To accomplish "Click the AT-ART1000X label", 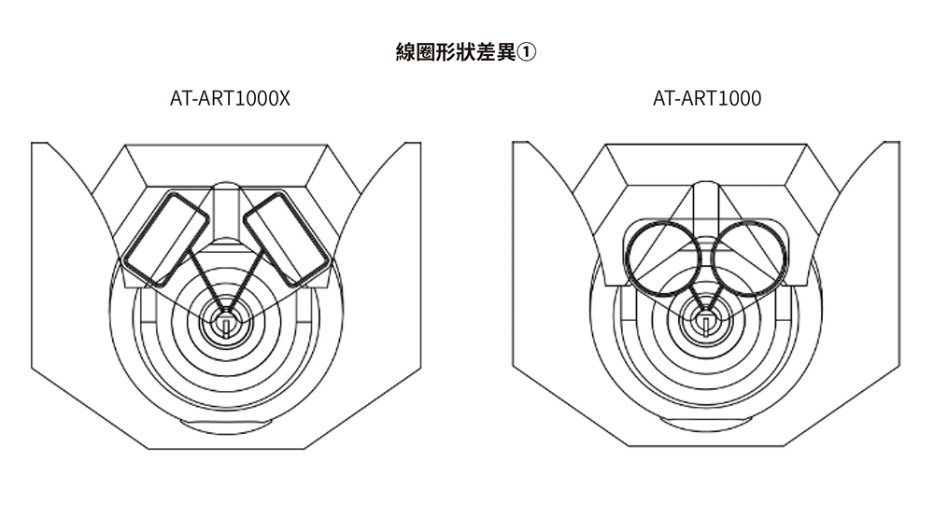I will [230, 98].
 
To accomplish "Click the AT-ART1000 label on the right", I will [707, 98].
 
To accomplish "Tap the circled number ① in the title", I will [528, 52].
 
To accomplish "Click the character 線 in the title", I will [406, 52].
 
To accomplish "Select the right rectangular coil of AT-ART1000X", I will [286, 238].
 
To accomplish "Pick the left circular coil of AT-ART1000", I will [665, 257].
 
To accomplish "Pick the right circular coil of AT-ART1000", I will [748, 257].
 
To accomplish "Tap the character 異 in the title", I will [506, 52].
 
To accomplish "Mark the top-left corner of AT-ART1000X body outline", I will [33, 144].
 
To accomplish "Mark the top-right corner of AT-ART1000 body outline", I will [899, 143].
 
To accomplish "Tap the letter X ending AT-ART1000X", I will [284, 98].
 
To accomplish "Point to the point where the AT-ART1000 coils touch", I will [707, 257].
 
